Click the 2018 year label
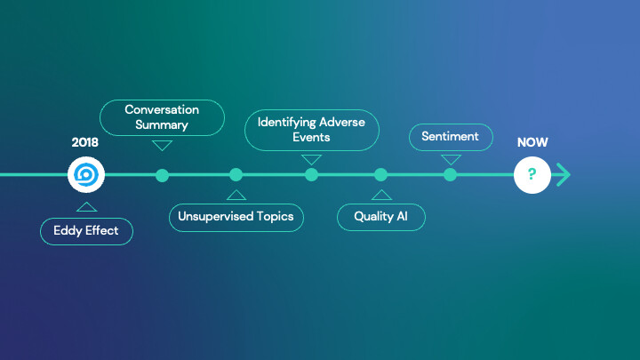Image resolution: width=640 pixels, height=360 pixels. pyautogui.click(x=85, y=142)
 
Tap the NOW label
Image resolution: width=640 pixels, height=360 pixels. pyautogui.click(x=532, y=142)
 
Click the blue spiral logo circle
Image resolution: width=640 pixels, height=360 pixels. pyautogui.click(x=86, y=175)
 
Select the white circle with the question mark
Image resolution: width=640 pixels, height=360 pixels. pyautogui.click(x=532, y=175)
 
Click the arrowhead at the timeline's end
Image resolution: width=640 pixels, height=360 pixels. pyautogui.click(x=563, y=175)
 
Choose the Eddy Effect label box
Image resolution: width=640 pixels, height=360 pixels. pyautogui.click(x=86, y=232)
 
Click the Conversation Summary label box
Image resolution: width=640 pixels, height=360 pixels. pyautogui.click(x=162, y=117)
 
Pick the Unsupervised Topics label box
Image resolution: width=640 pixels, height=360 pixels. pyautogui.click(x=236, y=217)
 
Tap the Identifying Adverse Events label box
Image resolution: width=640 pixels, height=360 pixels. pyautogui.click(x=311, y=130)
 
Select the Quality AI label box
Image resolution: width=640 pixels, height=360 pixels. pyautogui.click(x=381, y=217)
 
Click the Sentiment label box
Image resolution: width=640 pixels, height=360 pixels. pyautogui.click(x=451, y=137)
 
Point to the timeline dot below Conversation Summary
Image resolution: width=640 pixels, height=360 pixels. pyautogui.click(x=162, y=175)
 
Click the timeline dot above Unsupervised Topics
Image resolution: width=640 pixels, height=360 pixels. pyautogui.click(x=236, y=175)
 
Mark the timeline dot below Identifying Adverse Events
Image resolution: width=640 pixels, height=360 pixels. pyautogui.click(x=311, y=175)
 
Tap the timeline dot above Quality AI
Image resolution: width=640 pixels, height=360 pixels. pyautogui.click(x=381, y=175)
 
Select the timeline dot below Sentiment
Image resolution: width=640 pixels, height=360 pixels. pyautogui.click(x=451, y=175)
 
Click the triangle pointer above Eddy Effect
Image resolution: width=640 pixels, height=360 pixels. pyautogui.click(x=86, y=206)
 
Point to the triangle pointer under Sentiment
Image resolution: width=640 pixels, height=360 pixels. pyautogui.click(x=451, y=159)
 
